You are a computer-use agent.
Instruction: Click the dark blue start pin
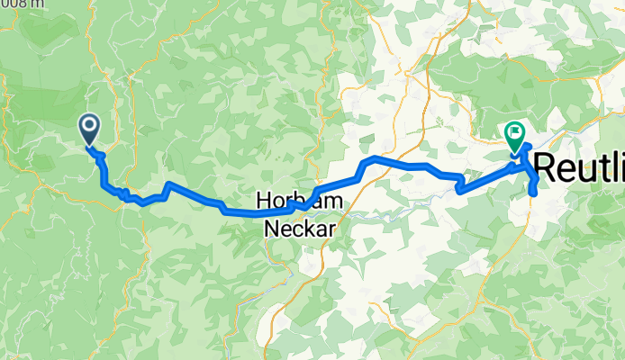click(90, 130)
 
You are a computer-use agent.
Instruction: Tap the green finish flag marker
click(515, 136)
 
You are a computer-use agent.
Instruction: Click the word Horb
click(277, 202)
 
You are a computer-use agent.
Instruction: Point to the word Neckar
click(300, 229)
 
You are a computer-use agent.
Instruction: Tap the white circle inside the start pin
click(90, 126)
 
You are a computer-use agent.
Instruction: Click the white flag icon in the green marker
click(515, 132)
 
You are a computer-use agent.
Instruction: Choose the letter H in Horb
click(265, 202)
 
